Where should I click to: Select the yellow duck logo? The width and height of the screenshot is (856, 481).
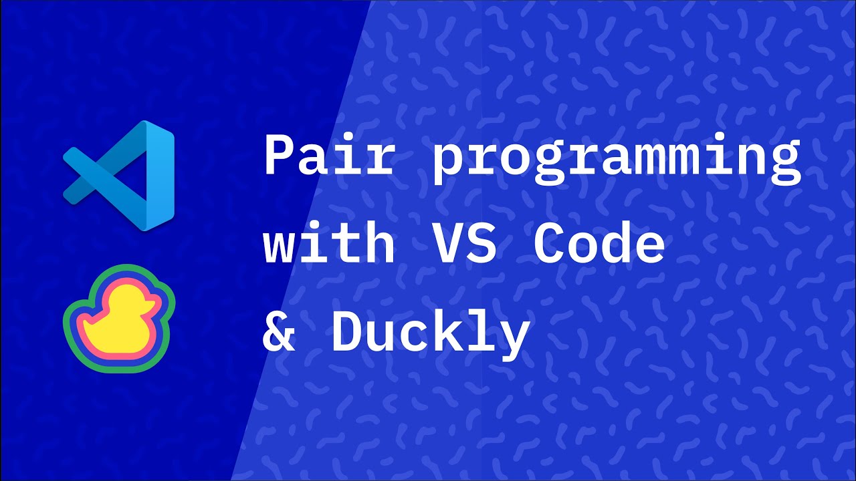click(118, 318)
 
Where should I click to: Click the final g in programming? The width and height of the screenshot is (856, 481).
click(782, 164)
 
